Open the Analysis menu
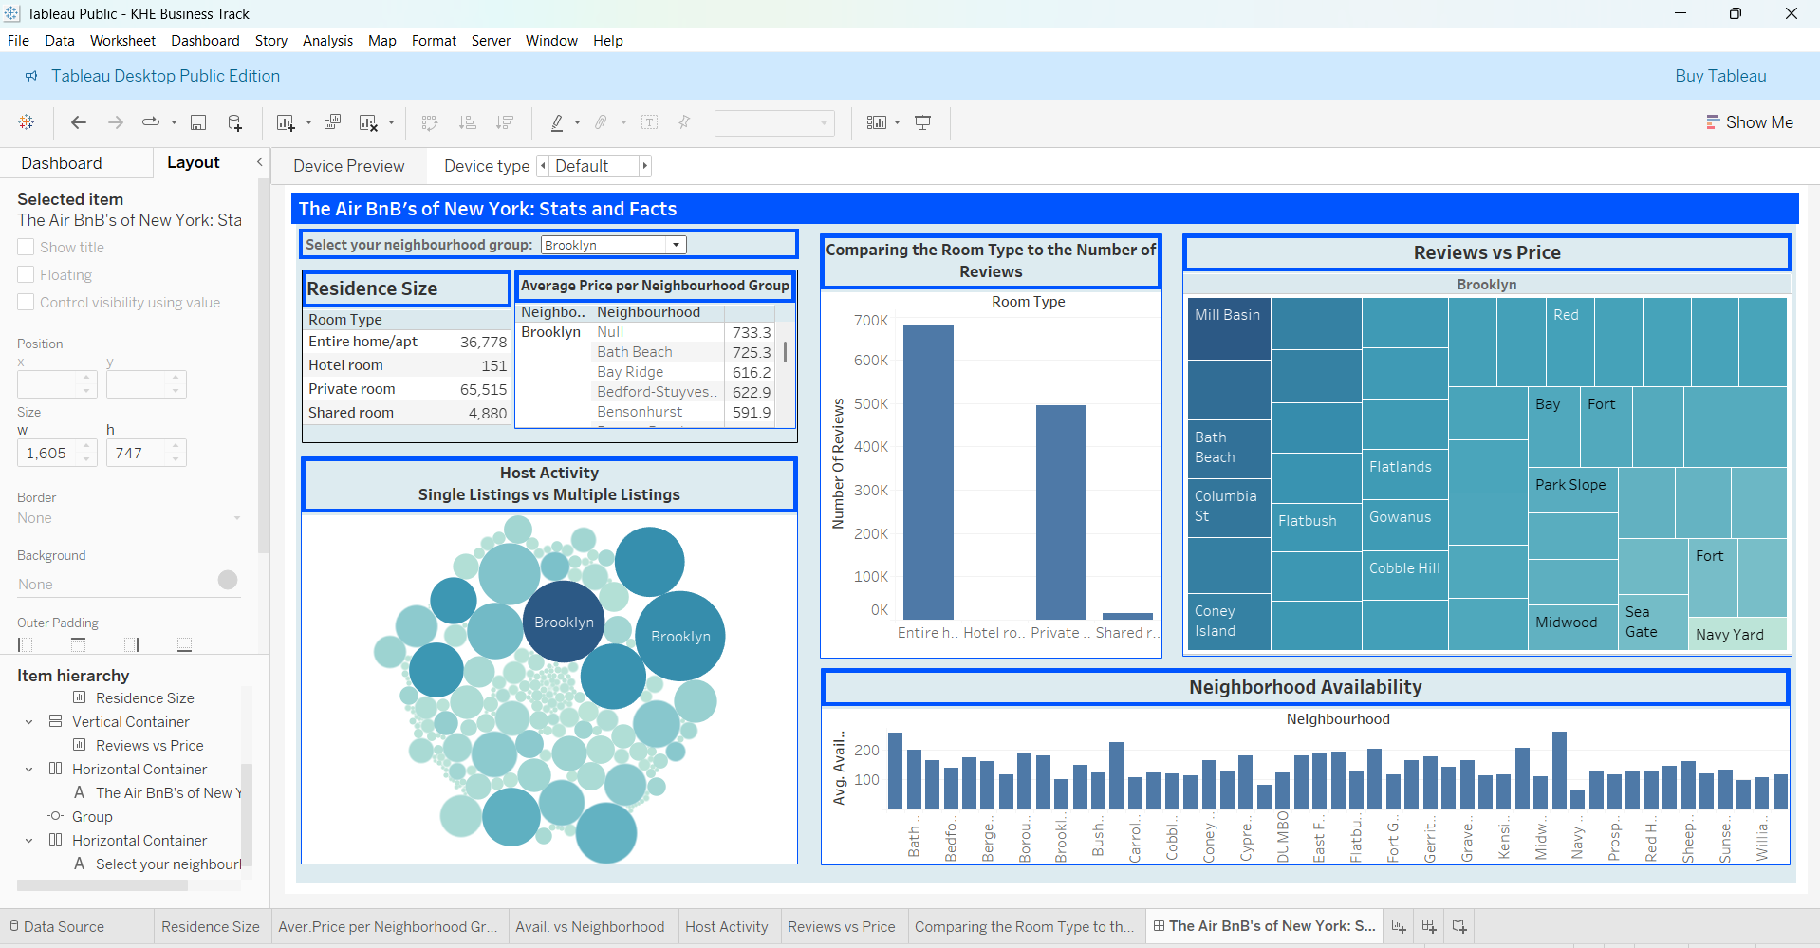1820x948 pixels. coord(327,40)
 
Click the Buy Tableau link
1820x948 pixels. coord(1719,76)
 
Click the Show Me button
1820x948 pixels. coord(1749,122)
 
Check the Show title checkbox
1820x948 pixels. coord(26,247)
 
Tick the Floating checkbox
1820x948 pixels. coord(26,274)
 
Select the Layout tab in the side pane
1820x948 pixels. coord(193,162)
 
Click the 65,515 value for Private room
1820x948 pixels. coord(483,389)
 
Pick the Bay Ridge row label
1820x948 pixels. coord(630,372)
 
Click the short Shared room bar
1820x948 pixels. coord(1126,616)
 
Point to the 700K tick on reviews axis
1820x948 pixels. coord(870,321)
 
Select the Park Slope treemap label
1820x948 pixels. coord(1570,485)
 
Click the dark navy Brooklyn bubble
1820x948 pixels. coord(564,623)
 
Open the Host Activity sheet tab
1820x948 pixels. coord(726,926)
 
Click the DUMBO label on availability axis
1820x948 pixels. coord(1282,836)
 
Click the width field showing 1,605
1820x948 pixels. coord(47,454)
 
